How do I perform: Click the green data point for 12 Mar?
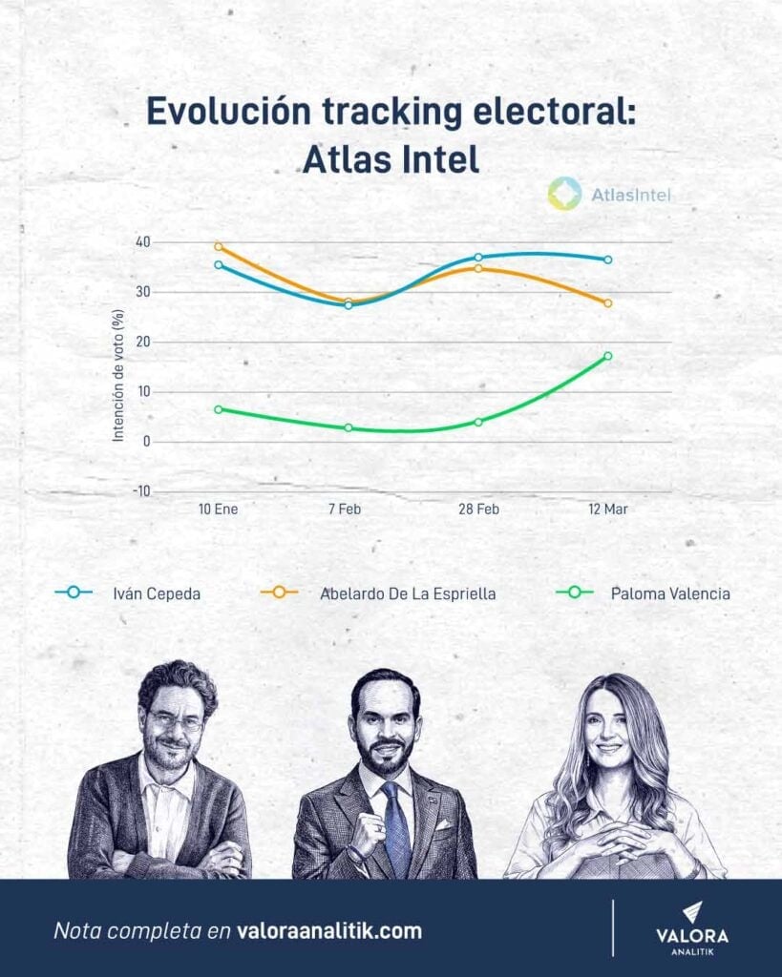607,356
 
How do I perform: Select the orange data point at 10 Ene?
218,246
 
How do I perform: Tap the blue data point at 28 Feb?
477,258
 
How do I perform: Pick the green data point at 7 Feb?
348,427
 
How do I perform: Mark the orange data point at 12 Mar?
607,303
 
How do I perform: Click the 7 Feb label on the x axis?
344,509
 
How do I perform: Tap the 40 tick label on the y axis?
142,242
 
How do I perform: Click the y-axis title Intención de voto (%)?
118,375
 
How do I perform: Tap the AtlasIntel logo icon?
564,194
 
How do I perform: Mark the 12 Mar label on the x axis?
606,509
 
